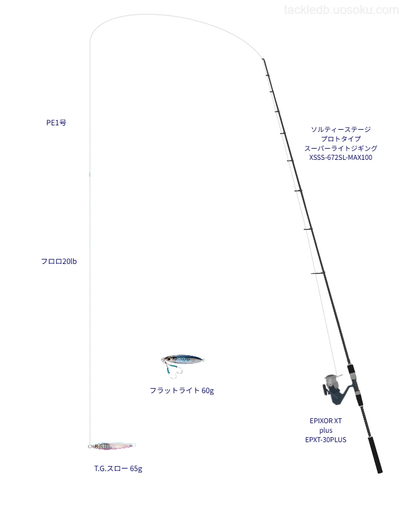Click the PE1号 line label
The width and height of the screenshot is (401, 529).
[56, 123]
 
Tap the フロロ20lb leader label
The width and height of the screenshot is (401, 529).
[58, 261]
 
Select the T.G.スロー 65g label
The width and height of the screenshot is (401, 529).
[118, 468]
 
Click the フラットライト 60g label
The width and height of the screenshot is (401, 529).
[182, 390]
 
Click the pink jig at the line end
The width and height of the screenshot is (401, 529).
[112, 445]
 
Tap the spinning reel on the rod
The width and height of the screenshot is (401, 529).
[334, 389]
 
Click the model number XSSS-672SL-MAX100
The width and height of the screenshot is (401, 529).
[341, 157]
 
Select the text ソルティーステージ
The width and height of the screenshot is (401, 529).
[341, 129]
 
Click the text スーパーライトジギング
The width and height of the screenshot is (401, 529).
[341, 148]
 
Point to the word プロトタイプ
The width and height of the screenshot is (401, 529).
[341, 139]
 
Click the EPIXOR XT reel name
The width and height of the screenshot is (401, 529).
[326, 421]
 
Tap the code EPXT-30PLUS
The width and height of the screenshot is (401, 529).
[326, 439]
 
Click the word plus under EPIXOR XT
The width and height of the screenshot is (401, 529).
[326, 430]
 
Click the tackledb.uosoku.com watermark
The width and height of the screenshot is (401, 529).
[341, 10]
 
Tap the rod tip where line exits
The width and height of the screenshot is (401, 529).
[263, 60]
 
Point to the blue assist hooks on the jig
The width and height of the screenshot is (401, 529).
[172, 369]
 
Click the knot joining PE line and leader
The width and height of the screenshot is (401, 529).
[90, 174]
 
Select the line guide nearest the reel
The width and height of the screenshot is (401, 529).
[318, 273]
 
